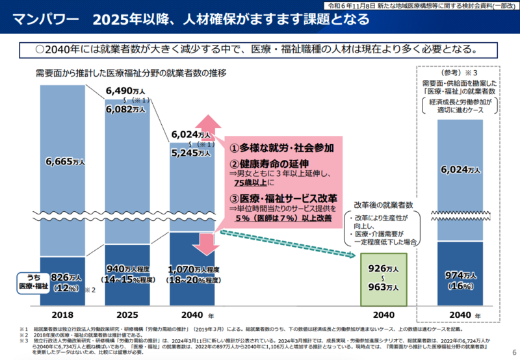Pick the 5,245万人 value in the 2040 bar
click(191, 153)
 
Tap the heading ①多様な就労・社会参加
click(279, 148)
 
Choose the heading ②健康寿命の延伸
click(268, 163)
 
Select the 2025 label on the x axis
click(127, 314)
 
